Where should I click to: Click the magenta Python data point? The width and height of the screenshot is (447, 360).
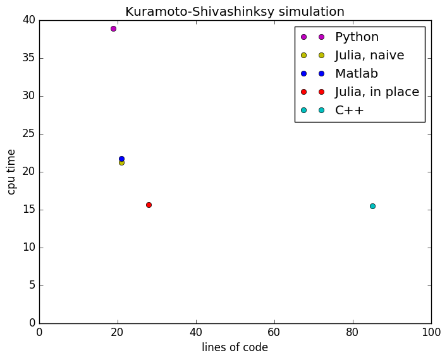[x=113, y=28]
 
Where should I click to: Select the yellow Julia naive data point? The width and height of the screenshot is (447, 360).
[x=121, y=163]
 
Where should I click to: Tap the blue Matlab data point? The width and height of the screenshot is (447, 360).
[x=121, y=159]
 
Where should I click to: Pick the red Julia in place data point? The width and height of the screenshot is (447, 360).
[x=149, y=205]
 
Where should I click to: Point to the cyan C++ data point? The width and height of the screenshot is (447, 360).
[x=372, y=206]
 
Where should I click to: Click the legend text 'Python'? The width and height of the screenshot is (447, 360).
[x=357, y=37]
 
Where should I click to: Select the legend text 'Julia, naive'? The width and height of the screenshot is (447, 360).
[x=369, y=56]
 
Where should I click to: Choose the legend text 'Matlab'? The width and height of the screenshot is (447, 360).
[x=357, y=73]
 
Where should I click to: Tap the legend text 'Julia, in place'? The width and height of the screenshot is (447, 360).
[x=377, y=92]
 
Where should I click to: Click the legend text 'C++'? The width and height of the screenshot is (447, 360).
[x=350, y=110]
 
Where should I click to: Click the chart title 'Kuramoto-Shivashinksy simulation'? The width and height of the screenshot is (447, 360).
[x=235, y=11]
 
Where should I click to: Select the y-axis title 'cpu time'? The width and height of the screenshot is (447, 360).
[x=11, y=171]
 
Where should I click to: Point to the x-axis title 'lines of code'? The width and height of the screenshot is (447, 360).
[x=235, y=347]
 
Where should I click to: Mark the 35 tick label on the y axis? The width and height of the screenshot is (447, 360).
[x=27, y=58]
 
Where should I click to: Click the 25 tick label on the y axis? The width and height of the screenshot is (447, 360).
[x=27, y=134]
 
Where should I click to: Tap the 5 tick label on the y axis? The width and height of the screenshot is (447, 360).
[x=30, y=285]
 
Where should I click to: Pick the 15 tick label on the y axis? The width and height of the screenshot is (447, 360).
[x=27, y=210]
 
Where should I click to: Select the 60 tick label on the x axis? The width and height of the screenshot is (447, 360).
[x=274, y=332]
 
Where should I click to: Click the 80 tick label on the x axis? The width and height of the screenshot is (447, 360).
[x=353, y=332]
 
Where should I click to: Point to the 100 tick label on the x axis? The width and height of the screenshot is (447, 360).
[x=431, y=332]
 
